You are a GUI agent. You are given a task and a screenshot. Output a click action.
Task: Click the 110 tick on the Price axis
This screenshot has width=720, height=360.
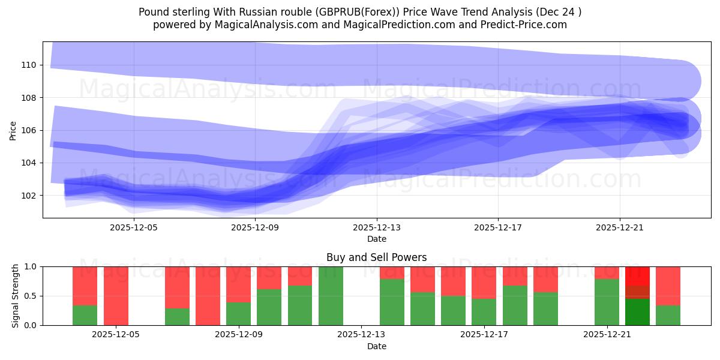click(x=29, y=65)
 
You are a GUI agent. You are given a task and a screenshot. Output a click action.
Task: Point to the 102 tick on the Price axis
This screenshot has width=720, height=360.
click(x=29, y=196)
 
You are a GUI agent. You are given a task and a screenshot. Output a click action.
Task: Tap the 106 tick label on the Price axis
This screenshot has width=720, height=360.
click(x=29, y=130)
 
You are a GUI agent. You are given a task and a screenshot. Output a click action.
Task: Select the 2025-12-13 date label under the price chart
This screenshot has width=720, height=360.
click(x=377, y=227)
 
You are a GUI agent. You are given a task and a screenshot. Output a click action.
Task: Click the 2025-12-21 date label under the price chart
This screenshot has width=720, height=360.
click(x=619, y=227)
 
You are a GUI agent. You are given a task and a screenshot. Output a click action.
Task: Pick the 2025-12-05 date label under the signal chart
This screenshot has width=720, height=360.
click(x=116, y=335)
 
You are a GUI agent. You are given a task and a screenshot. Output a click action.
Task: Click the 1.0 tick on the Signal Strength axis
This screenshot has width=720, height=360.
click(x=29, y=266)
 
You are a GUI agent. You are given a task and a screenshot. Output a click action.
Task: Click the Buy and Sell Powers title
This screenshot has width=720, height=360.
click(x=376, y=257)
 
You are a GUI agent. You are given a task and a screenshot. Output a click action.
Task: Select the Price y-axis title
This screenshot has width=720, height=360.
click(x=13, y=130)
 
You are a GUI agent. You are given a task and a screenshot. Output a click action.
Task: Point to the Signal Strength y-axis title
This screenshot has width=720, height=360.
click(x=16, y=296)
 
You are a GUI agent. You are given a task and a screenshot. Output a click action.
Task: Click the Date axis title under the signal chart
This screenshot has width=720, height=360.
click(x=376, y=346)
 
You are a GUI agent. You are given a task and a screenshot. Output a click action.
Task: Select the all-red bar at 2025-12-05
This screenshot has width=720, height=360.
click(x=116, y=296)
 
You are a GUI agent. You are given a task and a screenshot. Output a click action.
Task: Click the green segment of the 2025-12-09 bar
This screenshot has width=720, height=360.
click(x=238, y=313)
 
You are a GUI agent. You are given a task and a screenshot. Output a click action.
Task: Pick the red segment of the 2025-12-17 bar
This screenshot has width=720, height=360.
click(x=484, y=282)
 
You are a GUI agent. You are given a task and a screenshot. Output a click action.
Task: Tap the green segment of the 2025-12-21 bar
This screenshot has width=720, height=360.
click(x=607, y=302)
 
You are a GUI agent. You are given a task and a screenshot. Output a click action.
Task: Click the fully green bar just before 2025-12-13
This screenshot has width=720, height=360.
click(x=331, y=296)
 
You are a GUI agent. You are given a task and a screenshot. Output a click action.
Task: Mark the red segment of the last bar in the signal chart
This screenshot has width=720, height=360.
click(x=668, y=286)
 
